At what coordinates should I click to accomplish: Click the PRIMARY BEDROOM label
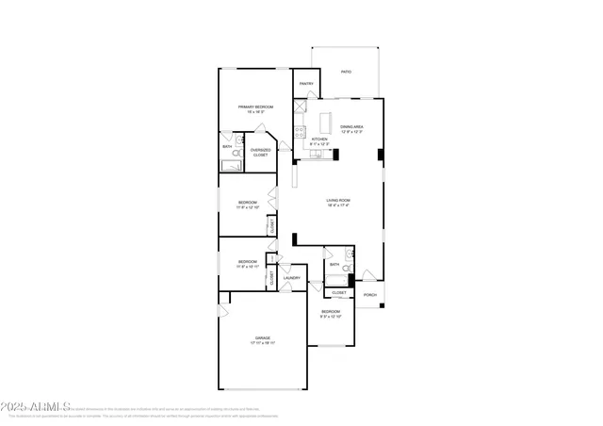click(x=255, y=107)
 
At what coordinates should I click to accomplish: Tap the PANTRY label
click(x=306, y=84)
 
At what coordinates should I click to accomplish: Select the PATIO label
click(x=346, y=72)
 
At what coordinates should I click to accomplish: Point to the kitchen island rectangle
click(x=327, y=123)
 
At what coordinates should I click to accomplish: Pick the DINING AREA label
click(x=352, y=126)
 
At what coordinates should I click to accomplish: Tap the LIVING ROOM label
click(x=338, y=200)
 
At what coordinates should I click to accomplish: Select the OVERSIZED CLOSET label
click(x=260, y=152)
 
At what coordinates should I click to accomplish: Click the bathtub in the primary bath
click(x=232, y=166)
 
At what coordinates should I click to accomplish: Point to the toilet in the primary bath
click(x=238, y=140)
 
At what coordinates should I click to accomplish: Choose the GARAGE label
click(x=262, y=337)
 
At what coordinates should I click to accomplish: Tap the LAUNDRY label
click(x=292, y=278)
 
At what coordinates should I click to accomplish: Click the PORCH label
click(x=370, y=295)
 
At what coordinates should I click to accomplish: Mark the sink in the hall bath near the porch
click(x=348, y=254)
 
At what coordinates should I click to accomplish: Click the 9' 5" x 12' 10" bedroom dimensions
click(x=330, y=317)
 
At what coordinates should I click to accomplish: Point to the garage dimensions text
click(x=262, y=343)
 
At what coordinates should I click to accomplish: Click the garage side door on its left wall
click(x=223, y=310)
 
